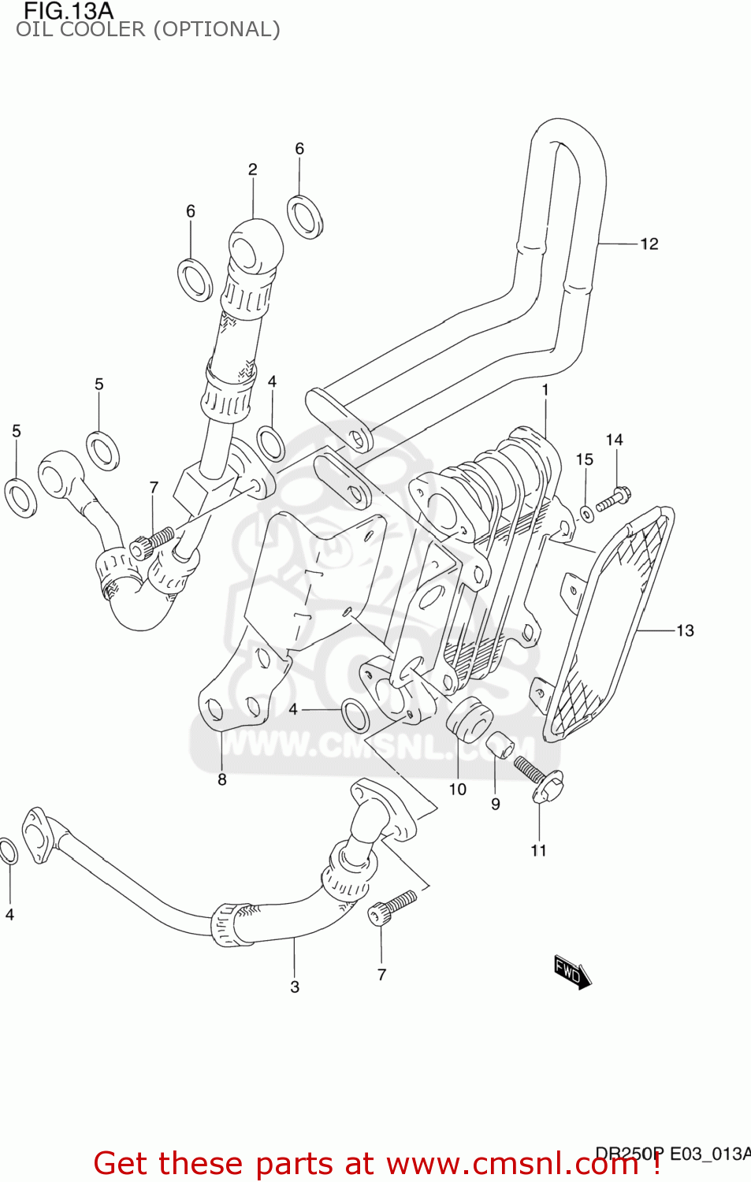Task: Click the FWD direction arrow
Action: [572, 972]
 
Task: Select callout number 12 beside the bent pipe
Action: [649, 244]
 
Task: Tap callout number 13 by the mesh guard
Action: [685, 630]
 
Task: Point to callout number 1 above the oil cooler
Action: [545, 390]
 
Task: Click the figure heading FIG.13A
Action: [69, 11]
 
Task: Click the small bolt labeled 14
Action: [612, 500]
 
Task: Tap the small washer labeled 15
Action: [586, 515]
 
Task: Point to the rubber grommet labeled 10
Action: [470, 718]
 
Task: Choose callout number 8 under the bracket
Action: [222, 779]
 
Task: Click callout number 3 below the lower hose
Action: [295, 987]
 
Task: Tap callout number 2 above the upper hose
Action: [252, 169]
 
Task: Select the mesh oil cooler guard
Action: [611, 623]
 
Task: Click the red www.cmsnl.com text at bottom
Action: [512, 1164]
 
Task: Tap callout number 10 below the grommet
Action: [458, 790]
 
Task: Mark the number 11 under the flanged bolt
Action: [538, 850]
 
